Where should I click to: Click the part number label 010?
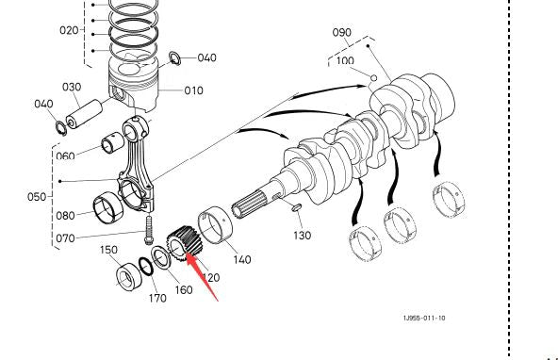click(193, 91)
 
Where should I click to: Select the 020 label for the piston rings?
click(70, 30)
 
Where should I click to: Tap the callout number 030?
click(72, 88)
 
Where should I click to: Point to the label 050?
click(37, 197)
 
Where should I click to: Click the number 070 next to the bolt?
click(65, 238)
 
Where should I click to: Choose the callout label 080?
click(65, 216)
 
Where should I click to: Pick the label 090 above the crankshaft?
click(341, 33)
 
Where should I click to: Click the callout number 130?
click(302, 235)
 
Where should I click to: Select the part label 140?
click(241, 259)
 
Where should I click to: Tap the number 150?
click(109, 251)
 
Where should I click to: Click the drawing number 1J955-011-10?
click(419, 318)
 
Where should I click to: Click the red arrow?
click(203, 272)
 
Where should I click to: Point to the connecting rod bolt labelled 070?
click(148, 225)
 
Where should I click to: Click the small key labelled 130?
click(292, 206)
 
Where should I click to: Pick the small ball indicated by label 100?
click(374, 76)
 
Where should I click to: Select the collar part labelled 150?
click(126, 278)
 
